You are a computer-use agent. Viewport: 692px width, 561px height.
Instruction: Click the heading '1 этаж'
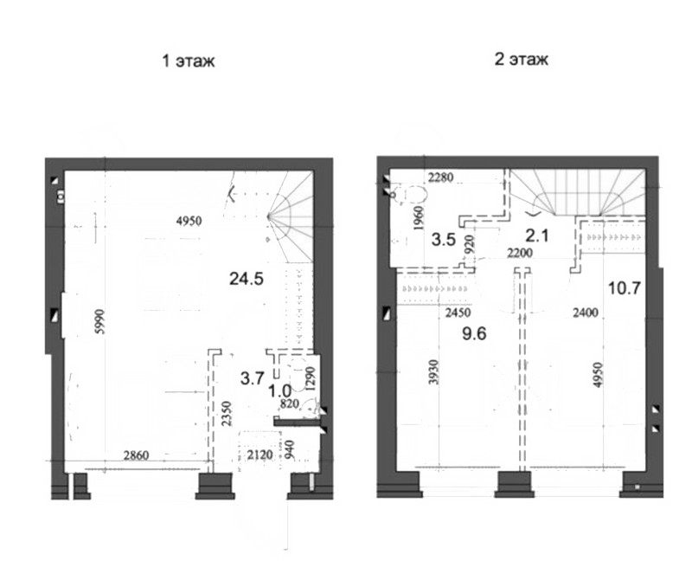click(x=189, y=61)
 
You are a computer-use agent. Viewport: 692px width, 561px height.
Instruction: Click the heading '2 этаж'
click(x=522, y=59)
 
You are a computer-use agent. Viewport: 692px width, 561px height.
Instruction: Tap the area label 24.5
click(x=247, y=279)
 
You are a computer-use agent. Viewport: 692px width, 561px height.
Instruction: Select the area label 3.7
click(x=253, y=378)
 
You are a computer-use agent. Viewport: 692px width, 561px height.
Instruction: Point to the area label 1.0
click(x=279, y=391)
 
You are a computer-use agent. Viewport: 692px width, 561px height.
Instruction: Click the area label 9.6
click(x=474, y=333)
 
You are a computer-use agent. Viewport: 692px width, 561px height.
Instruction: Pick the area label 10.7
click(x=624, y=288)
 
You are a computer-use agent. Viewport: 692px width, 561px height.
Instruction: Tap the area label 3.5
click(x=444, y=240)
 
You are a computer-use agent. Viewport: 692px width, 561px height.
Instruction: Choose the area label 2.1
click(x=537, y=235)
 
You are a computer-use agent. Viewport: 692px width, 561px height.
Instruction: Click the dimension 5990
click(x=101, y=321)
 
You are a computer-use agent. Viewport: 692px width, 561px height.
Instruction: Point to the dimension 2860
click(x=136, y=455)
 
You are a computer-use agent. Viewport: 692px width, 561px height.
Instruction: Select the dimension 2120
click(x=260, y=455)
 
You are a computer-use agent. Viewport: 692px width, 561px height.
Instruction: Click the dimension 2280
click(x=441, y=177)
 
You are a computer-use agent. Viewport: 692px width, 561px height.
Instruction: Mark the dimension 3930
click(x=434, y=372)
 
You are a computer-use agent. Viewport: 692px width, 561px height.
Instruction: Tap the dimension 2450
click(x=458, y=313)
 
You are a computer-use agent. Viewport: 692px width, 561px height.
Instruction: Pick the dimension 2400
click(x=586, y=313)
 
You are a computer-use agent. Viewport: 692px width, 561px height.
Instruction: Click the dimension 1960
click(x=420, y=218)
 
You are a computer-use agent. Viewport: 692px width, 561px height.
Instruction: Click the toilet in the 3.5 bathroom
click(x=410, y=194)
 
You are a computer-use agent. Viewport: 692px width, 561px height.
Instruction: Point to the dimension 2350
click(x=227, y=413)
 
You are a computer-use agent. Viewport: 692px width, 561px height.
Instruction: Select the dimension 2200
click(x=520, y=253)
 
